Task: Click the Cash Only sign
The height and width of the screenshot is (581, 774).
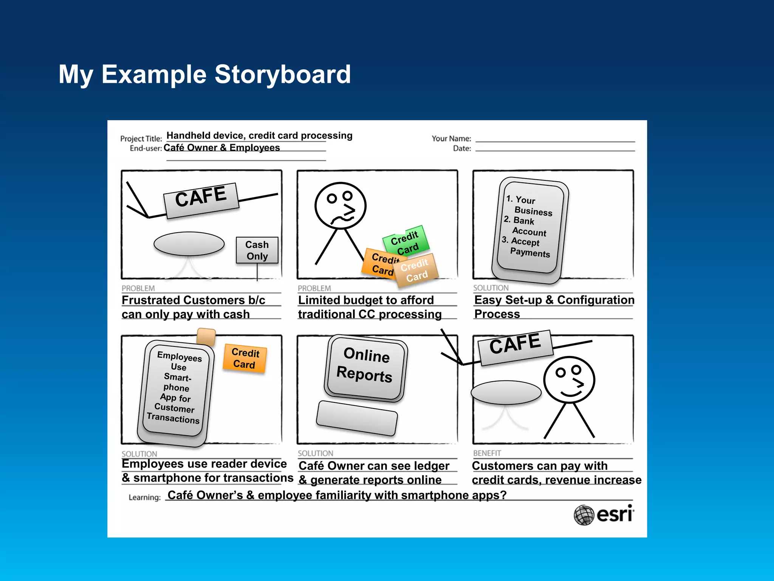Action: tap(257, 250)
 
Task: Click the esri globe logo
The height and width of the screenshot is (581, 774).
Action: tap(584, 515)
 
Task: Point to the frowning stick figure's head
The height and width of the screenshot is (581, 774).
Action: tap(341, 205)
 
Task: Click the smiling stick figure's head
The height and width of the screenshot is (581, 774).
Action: tap(569, 379)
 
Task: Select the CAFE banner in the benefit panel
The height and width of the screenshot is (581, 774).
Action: tap(515, 347)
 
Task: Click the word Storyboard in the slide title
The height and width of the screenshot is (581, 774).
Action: tap(283, 74)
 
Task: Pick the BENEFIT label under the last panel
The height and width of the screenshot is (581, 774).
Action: tap(487, 453)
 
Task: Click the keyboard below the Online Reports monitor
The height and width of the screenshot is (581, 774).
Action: tap(357, 418)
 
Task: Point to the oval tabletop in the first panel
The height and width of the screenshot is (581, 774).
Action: tap(189, 244)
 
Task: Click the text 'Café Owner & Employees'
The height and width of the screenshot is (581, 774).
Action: tap(222, 148)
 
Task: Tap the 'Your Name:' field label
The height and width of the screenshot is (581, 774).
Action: tap(451, 139)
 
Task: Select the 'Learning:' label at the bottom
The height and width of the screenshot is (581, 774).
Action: tap(144, 497)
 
